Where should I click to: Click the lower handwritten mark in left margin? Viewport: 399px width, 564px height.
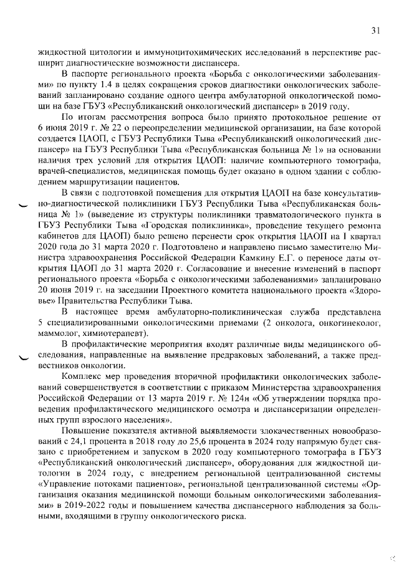24,358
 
